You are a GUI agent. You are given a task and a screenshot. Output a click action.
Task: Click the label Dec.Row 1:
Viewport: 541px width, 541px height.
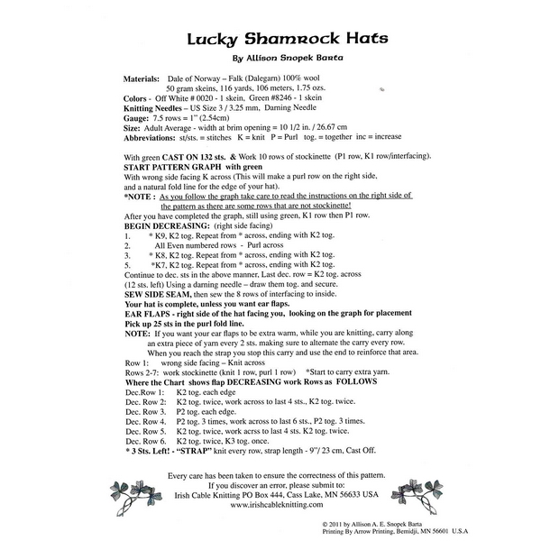click(x=144, y=393)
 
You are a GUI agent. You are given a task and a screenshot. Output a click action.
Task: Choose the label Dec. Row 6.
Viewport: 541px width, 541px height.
click(x=145, y=442)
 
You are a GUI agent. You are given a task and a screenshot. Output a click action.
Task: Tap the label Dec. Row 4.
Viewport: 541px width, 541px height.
click(x=145, y=422)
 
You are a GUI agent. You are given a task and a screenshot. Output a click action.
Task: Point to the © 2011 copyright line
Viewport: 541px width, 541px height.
click(x=398, y=522)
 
